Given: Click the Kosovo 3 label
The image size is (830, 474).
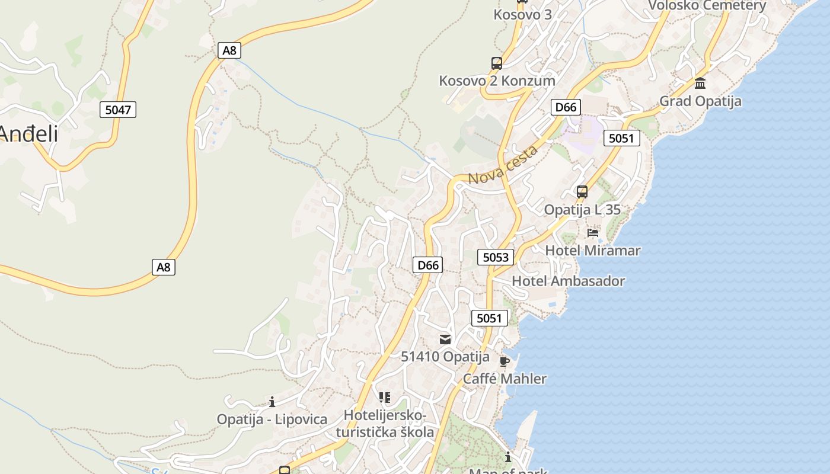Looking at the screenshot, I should [522, 14].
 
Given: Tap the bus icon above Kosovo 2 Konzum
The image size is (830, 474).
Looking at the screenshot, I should [497, 63].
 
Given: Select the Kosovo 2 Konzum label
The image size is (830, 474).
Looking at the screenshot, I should [497, 81].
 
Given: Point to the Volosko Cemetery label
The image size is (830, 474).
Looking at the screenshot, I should [707, 6].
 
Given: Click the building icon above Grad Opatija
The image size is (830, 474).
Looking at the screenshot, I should [700, 83].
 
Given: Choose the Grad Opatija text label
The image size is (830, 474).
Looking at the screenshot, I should [700, 101].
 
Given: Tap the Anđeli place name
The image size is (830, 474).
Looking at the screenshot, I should [28, 134].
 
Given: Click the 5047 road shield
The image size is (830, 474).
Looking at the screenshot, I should [118, 109].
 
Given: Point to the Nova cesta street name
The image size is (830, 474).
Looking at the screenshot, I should [503, 164].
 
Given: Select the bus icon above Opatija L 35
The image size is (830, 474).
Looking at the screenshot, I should [582, 191].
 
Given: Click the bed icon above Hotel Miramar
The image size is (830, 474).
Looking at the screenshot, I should [593, 232].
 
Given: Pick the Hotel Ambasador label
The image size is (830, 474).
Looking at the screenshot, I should [568, 281].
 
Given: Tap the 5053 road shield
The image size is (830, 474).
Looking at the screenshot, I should [496, 257].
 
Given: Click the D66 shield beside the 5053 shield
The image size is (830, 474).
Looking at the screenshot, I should [428, 265].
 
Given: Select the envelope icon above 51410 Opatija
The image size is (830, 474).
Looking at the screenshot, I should [445, 339].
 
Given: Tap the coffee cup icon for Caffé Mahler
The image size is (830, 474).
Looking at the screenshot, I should [505, 361].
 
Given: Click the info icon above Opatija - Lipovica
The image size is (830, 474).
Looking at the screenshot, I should [272, 402].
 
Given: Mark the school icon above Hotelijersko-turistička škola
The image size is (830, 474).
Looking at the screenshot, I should [385, 397].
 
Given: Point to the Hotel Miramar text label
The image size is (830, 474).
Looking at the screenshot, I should [592, 251].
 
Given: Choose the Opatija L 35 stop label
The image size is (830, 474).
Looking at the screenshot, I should [582, 210].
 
